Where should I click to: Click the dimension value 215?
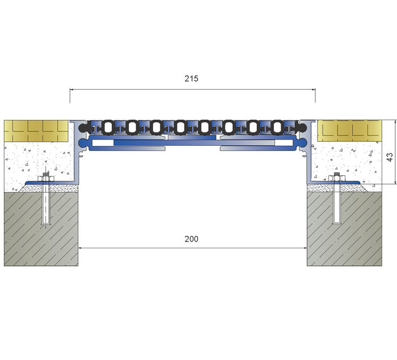(192, 79)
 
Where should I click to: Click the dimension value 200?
(192, 239)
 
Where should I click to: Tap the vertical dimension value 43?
(390, 157)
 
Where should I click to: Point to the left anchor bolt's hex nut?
(46, 179)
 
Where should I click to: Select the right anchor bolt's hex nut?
(336, 178)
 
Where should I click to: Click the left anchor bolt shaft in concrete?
(46, 205)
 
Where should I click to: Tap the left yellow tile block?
(36, 131)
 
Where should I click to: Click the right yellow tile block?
(349, 130)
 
